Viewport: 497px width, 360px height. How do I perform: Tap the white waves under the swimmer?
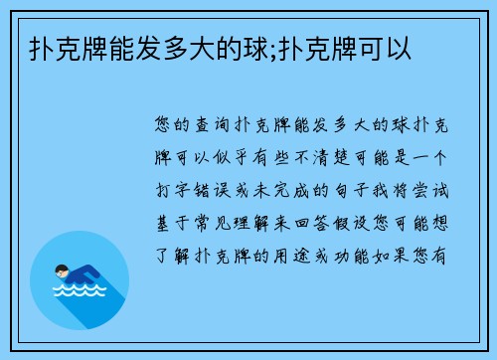(79, 294)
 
